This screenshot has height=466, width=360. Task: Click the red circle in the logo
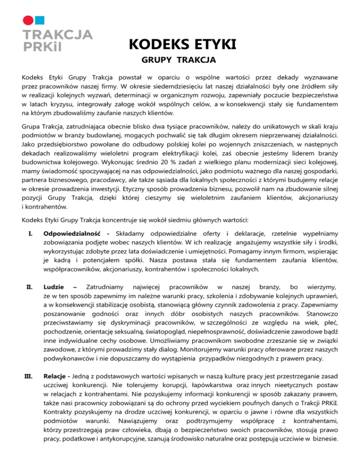click(x=29, y=20)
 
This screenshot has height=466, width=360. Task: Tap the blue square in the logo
click(x=41, y=20)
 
